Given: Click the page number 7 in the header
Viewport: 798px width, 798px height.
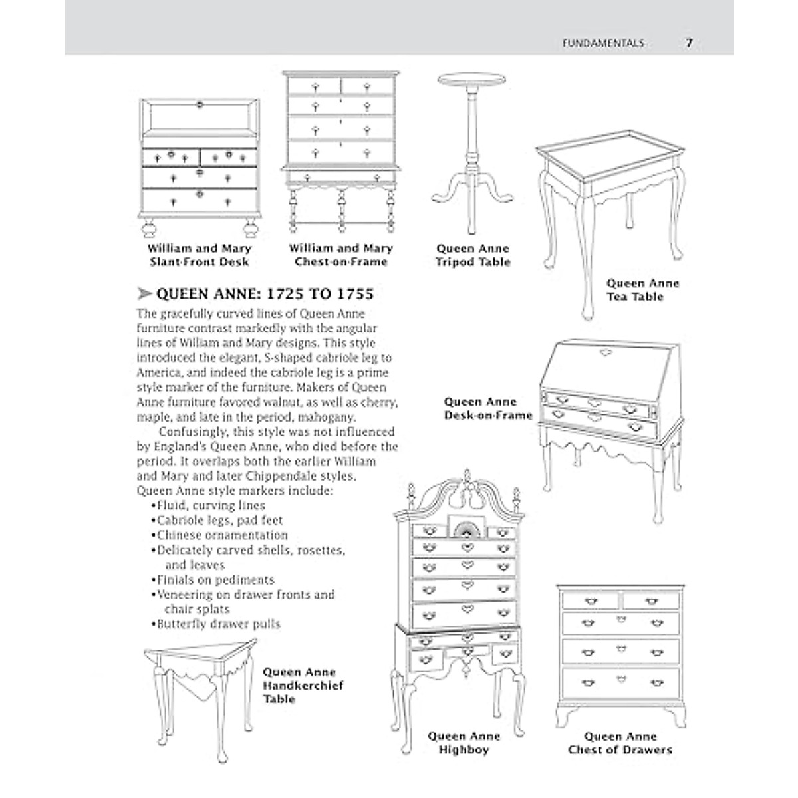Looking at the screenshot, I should click(689, 43).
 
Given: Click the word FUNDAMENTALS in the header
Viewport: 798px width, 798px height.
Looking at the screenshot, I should click(603, 43).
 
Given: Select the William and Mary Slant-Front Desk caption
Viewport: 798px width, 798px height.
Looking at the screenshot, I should click(199, 255).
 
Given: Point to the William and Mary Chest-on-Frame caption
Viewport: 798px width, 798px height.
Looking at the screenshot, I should click(340, 255).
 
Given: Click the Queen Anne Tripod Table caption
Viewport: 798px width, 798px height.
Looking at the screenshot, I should click(473, 255).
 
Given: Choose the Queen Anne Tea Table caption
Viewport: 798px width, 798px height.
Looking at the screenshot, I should click(642, 290).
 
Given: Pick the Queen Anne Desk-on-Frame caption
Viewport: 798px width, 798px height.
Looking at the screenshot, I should click(488, 408).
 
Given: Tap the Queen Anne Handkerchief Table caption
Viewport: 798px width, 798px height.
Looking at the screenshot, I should click(303, 686).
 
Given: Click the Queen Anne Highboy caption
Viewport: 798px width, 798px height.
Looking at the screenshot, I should click(464, 743).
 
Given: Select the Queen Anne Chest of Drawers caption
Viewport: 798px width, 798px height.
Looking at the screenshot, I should click(620, 743).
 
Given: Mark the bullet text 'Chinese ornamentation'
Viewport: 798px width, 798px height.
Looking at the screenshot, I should click(222, 535).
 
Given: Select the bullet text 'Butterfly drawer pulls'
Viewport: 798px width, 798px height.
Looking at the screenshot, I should click(218, 624).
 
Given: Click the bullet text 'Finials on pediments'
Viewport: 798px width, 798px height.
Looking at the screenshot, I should click(215, 580).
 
